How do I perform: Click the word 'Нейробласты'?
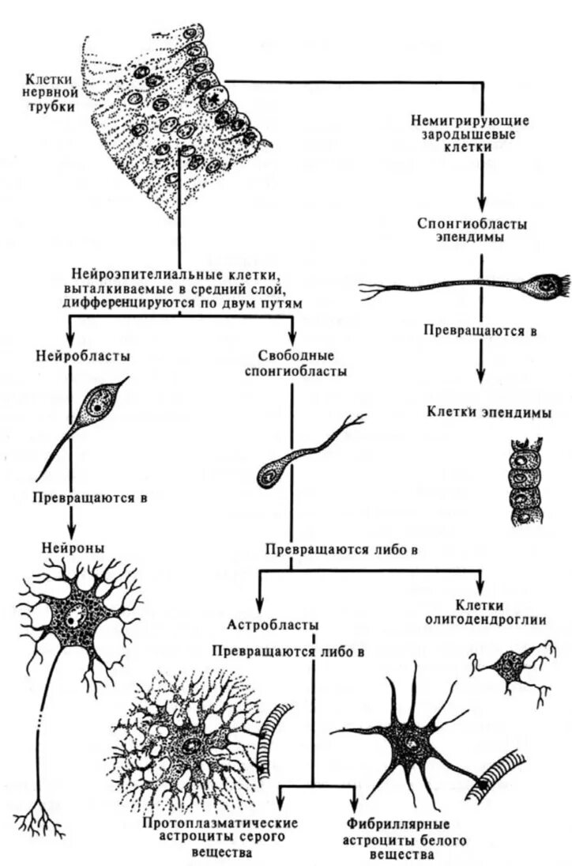83,356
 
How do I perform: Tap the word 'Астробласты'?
274,625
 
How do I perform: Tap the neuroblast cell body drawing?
99,404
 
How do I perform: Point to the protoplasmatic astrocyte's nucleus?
192,745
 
